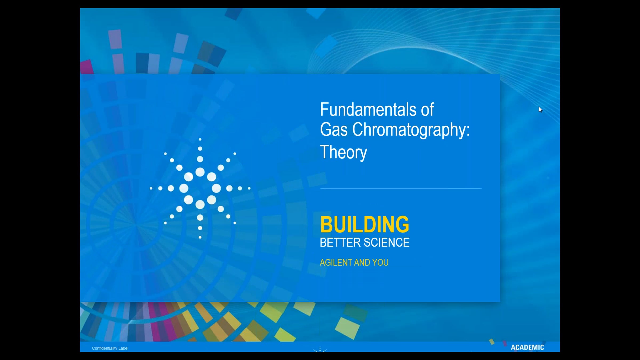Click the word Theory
tap(343, 153)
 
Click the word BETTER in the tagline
tap(340, 242)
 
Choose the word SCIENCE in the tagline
tap(387, 242)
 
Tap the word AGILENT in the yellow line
tap(336, 263)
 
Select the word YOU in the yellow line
tap(381, 263)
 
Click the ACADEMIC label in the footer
tap(527, 347)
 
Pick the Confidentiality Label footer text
tap(110, 348)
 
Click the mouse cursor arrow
tap(540, 109)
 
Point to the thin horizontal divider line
tap(401, 189)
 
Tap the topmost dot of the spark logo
tap(200, 139)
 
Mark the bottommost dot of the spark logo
tap(200, 237)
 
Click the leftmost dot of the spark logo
tap(151, 188)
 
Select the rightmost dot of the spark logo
tap(249, 188)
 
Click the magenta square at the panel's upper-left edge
tap(87, 67)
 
